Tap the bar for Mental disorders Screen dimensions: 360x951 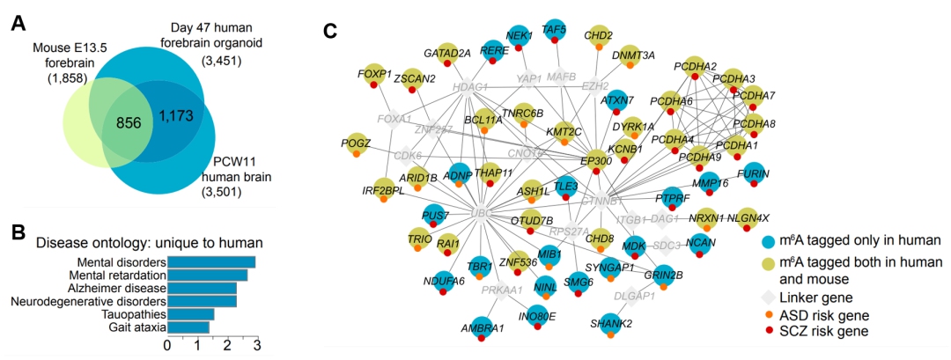pyautogui.click(x=211, y=262)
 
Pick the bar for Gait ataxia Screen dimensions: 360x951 pyautogui.click(x=188, y=327)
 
